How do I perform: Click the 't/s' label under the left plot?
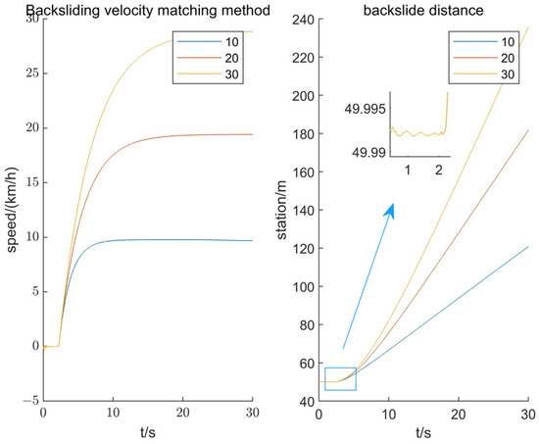[147, 432]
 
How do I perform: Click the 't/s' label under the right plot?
[424, 432]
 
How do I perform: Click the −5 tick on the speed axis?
[28, 400]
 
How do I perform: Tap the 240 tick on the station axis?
[305, 20]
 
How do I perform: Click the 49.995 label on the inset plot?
[361, 111]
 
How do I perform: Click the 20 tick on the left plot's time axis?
[182, 414]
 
